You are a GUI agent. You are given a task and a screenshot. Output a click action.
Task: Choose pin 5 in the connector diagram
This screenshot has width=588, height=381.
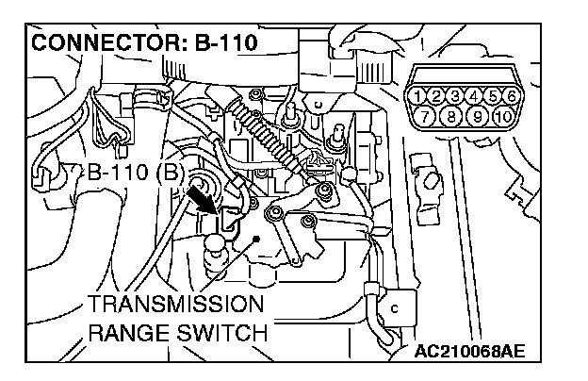click(x=495, y=94)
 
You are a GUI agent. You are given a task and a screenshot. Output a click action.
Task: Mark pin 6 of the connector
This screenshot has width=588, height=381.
click(x=511, y=94)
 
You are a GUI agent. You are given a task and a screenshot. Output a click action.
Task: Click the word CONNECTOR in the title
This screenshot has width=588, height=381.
click(x=104, y=44)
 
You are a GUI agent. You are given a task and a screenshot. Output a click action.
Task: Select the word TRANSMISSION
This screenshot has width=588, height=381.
click(x=176, y=304)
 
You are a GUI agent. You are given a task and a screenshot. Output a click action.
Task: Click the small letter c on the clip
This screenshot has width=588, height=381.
click(x=394, y=307)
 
